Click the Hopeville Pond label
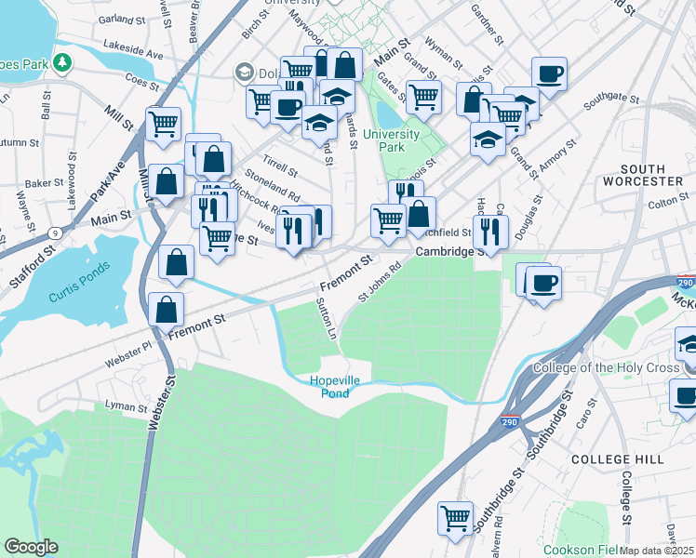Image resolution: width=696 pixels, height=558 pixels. click(x=330, y=386)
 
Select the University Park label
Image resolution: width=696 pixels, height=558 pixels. click(x=391, y=139)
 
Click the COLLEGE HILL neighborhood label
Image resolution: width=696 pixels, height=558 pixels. click(x=617, y=459)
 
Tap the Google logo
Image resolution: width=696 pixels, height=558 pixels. click(x=32, y=547)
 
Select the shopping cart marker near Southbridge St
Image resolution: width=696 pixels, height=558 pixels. click(x=455, y=519)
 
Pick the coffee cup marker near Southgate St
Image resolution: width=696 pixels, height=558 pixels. click(x=549, y=73)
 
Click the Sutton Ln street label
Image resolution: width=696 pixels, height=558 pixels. click(x=327, y=317)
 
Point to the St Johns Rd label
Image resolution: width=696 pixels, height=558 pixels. click(x=380, y=281)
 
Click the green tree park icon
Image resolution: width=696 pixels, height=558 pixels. click(x=62, y=62)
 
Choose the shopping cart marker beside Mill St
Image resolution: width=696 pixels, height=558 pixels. click(x=163, y=124)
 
